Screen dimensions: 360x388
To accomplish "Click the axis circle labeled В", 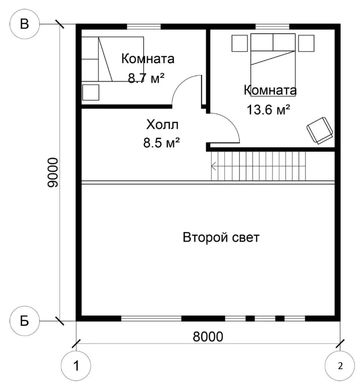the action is [25, 24].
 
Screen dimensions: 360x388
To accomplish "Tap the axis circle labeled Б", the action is [25, 321].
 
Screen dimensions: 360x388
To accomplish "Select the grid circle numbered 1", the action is [76, 366].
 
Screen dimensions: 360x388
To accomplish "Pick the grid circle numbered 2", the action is [340, 366].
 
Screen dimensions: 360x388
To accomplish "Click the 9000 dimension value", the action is [53, 172].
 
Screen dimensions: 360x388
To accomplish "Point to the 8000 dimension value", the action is [208, 336].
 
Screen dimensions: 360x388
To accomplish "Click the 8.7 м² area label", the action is [146, 78].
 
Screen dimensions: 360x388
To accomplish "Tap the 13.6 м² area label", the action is [268, 109].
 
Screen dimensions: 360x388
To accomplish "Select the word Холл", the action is [162, 125].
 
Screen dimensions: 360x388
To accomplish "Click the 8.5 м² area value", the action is [161, 143].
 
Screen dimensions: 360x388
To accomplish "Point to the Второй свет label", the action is [221, 237].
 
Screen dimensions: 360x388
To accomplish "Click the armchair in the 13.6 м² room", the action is [320, 130].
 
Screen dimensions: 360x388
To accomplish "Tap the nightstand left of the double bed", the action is [240, 43].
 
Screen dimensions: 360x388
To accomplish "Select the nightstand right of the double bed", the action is [306, 43].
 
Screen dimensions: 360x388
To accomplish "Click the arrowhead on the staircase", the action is [213, 166].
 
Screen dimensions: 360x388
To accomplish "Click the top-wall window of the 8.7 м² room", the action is [144, 27].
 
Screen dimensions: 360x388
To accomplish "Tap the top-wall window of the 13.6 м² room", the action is [273, 27].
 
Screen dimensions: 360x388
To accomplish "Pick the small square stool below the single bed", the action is [91, 92].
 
